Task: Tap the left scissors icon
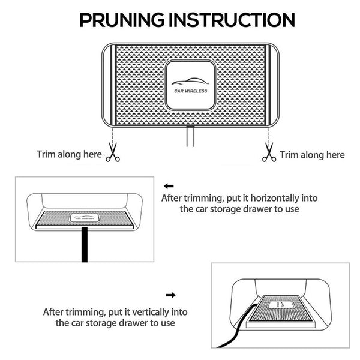112,154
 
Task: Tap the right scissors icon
268,154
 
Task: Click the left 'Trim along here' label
70,154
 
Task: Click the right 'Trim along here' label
313,155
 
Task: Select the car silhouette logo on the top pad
187,82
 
